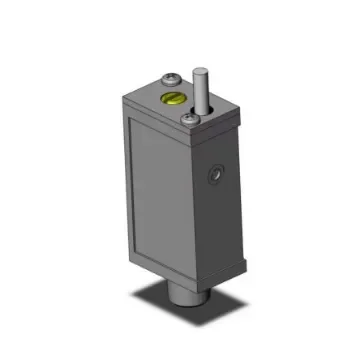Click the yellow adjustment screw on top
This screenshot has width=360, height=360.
point(172,98)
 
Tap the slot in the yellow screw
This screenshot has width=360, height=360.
point(172,98)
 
